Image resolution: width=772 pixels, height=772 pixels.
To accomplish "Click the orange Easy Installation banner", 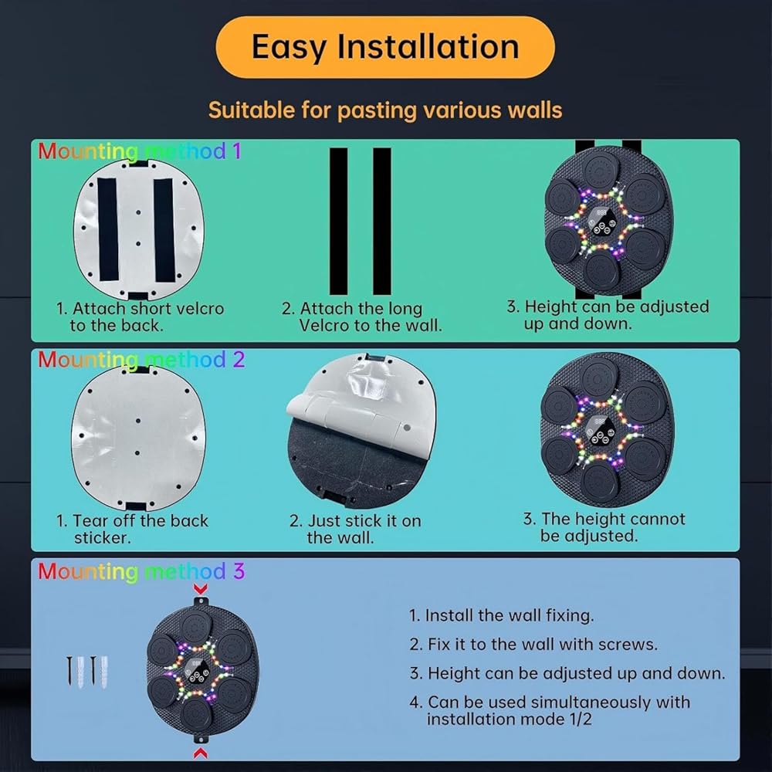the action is point(385,47).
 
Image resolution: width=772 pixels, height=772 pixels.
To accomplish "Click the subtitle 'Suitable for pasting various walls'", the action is point(385,110).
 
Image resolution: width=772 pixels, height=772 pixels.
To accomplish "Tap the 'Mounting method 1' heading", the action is point(140,151).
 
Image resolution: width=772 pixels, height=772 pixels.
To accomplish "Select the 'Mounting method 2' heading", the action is point(141,360).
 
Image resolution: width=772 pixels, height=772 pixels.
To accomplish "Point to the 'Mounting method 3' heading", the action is point(141,571).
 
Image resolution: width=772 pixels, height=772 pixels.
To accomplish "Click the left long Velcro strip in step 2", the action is point(339,221).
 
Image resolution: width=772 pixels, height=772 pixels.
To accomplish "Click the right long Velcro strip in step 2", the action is point(382,221).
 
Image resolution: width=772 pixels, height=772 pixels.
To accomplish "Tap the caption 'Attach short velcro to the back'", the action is point(140,317).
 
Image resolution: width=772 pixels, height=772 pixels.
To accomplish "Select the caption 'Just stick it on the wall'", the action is point(355,530).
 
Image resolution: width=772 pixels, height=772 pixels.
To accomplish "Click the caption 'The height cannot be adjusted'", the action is point(604,527).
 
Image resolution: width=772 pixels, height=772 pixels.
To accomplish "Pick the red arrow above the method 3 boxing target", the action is point(201,589).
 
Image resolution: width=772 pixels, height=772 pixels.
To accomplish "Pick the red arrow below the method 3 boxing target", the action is point(201,753).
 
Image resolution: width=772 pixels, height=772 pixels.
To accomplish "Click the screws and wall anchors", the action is point(87,672).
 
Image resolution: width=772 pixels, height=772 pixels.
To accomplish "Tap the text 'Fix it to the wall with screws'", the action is point(533,645).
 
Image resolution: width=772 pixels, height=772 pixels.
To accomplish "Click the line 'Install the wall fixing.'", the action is point(502,615).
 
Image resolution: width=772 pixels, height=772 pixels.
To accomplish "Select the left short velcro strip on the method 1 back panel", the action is point(107,229).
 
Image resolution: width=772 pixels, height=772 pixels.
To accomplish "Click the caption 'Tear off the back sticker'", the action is point(132,530).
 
